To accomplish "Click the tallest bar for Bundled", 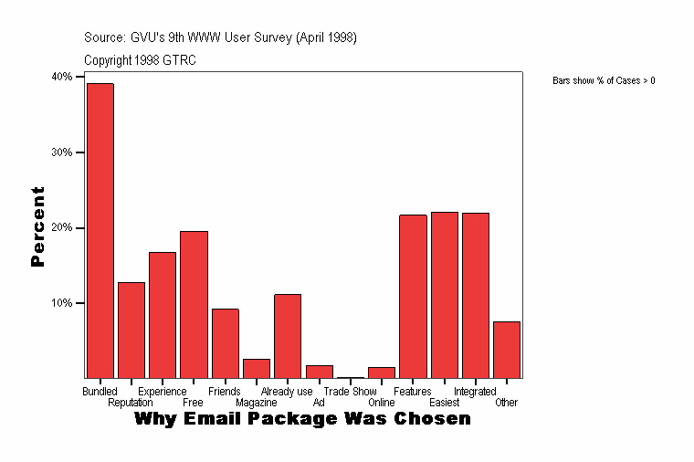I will tap(100, 230).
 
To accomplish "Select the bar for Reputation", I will tap(131, 330).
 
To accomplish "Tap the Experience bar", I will tap(163, 315).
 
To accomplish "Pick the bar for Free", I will tap(194, 304).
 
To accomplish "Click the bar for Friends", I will tap(226, 343).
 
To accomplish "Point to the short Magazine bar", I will tap(257, 368).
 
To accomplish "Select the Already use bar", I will tap(288, 336).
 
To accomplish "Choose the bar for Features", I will tap(413, 296).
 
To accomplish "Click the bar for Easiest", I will tap(445, 295).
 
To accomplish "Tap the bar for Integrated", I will tap(476, 295).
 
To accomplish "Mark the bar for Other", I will tap(507, 350).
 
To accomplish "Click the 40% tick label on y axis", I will tap(62, 77).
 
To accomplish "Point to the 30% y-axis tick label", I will tap(62, 152).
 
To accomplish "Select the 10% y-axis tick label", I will tap(62, 303).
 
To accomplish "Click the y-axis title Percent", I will tap(37, 226).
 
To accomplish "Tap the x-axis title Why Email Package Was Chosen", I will tap(302, 419).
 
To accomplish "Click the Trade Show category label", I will tap(350, 392).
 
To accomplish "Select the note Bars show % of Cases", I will tap(604, 81).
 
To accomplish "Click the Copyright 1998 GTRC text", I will tap(140, 60).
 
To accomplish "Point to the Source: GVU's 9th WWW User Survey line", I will tap(220, 37).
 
